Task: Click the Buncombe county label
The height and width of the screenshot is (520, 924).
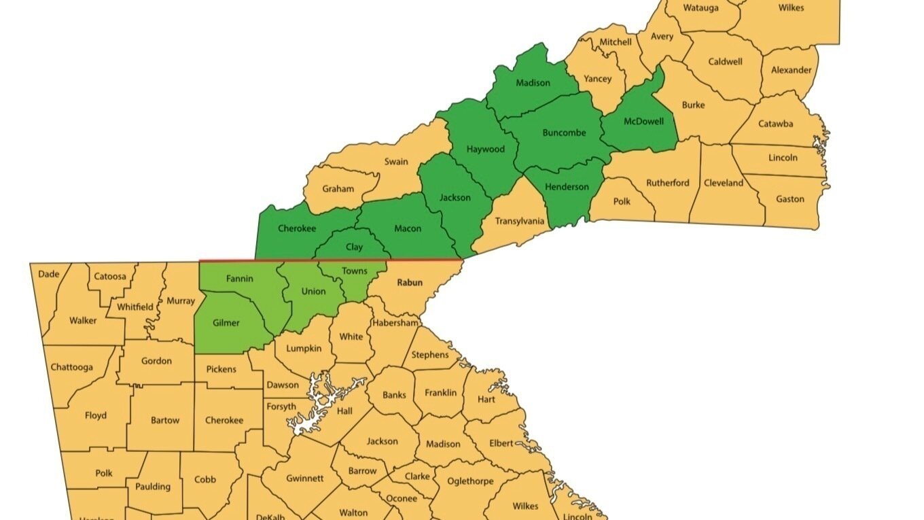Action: click(x=564, y=133)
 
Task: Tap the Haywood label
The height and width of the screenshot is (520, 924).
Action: click(x=485, y=149)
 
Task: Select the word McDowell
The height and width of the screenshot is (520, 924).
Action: click(x=639, y=122)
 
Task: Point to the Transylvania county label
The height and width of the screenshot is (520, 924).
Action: click(x=520, y=221)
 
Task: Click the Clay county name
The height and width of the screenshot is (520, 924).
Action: click(x=354, y=247)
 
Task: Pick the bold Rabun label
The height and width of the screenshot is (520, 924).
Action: click(x=410, y=282)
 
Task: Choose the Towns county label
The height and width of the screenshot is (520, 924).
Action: click(x=354, y=271)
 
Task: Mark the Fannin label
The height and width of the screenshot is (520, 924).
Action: click(x=239, y=279)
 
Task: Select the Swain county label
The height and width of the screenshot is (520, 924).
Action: click(x=396, y=162)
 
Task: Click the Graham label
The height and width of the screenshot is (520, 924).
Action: click(x=338, y=188)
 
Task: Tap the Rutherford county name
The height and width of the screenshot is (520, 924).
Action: click(x=667, y=182)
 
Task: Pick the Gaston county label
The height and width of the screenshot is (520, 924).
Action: click(x=789, y=199)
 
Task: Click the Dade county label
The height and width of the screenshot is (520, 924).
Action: click(x=49, y=274)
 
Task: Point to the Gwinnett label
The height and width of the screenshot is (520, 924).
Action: click(x=304, y=478)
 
